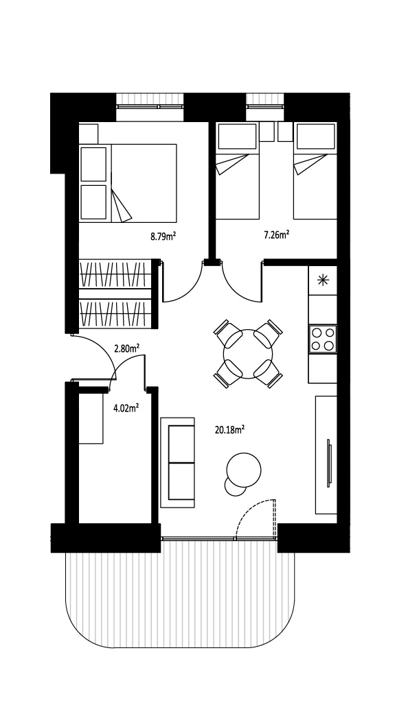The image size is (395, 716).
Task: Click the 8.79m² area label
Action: (163, 236)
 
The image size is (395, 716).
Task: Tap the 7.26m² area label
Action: (277, 235)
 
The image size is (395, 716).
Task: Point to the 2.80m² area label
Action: (126, 348)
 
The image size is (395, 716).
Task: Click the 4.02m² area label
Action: (126, 407)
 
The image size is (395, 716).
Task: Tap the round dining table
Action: (248, 354)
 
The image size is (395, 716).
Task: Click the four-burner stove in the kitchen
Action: (323, 339)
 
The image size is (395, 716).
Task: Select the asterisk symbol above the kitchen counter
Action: (323, 280)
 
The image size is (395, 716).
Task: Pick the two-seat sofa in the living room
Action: (177, 462)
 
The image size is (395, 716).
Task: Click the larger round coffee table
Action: (244, 470)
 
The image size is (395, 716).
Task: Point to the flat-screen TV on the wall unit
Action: (329, 463)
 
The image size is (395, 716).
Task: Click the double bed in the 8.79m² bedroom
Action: (128, 184)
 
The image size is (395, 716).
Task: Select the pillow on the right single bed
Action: (315, 136)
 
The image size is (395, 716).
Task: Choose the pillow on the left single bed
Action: (237, 136)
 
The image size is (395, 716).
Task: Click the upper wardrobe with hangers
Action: (115, 274)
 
